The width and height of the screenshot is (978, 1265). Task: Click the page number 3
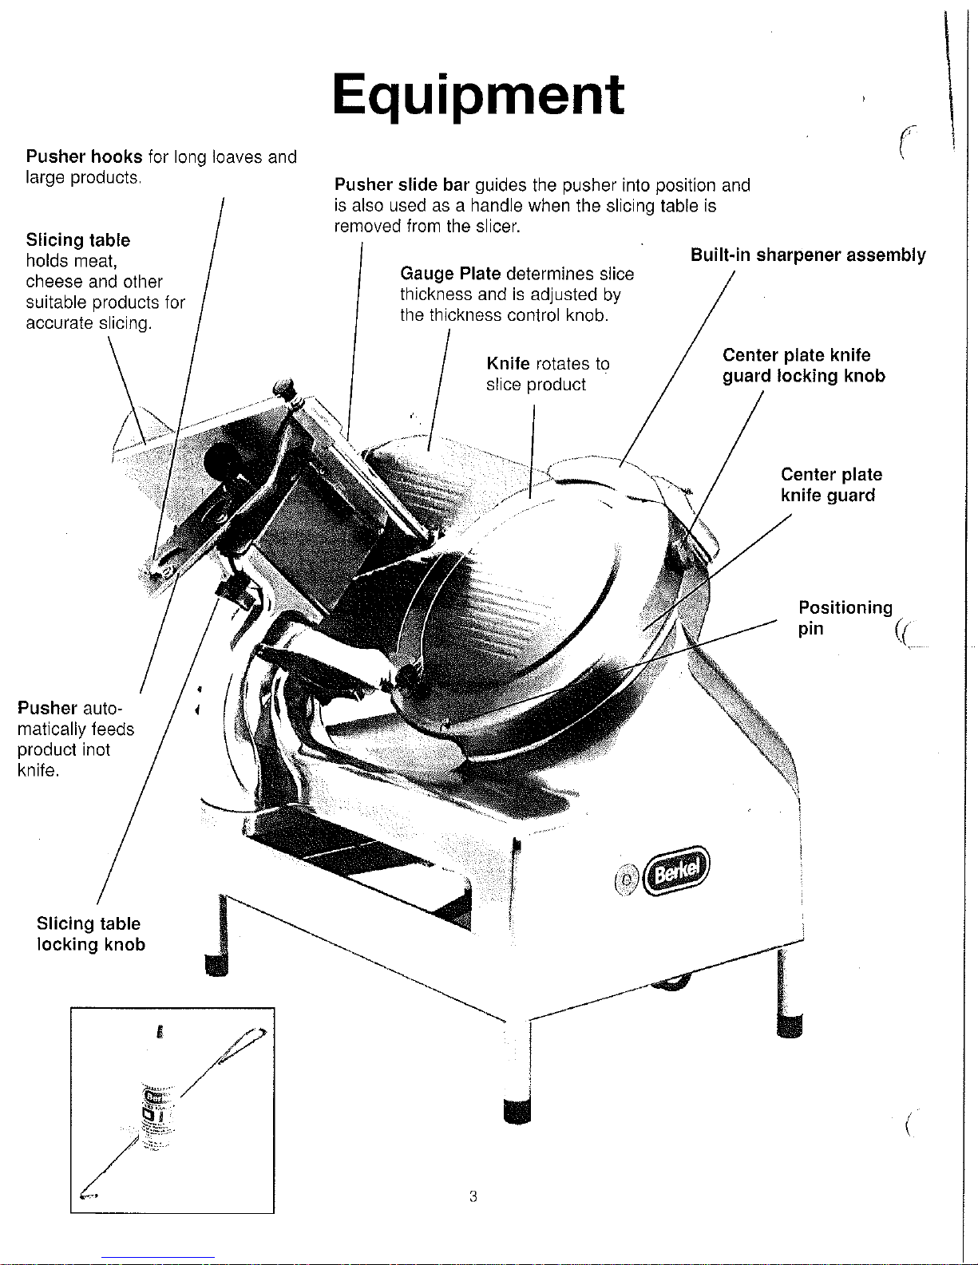[x=473, y=1196]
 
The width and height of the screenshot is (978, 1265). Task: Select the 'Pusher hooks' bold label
[x=85, y=156]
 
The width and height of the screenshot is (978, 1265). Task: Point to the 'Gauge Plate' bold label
[x=450, y=275]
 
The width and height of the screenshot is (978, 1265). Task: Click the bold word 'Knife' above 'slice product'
[x=508, y=364]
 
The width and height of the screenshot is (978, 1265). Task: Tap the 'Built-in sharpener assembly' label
[x=808, y=255]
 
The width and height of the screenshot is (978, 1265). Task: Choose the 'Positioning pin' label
[x=845, y=618]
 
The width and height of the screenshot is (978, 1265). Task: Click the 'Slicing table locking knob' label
[x=91, y=934]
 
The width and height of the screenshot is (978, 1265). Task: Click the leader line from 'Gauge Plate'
[x=438, y=391]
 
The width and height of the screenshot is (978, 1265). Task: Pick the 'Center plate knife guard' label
[x=831, y=485]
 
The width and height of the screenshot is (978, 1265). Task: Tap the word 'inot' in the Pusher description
[x=96, y=750]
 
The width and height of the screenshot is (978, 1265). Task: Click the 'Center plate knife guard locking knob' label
[x=803, y=366]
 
